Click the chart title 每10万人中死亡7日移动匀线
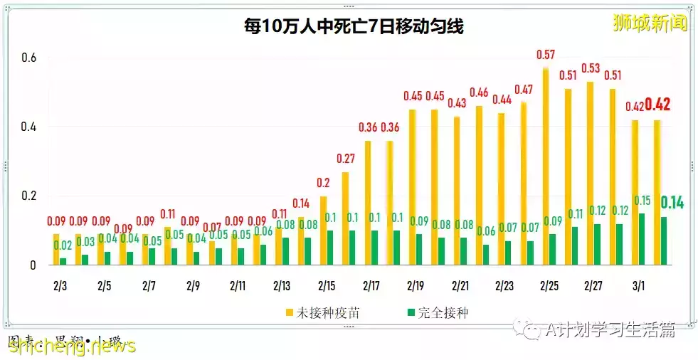[x=351, y=28]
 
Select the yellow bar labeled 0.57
[x=545, y=166]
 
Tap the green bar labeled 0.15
[x=642, y=239]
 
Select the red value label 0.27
[x=345, y=158]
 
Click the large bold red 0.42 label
[x=658, y=105]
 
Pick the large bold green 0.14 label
[x=672, y=203]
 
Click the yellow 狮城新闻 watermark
[x=650, y=23]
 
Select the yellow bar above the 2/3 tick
[x=56, y=249]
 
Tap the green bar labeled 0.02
[x=63, y=261]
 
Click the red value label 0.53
[x=591, y=68]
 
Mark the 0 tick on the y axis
[x=32, y=266]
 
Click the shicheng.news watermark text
[x=71, y=346]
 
